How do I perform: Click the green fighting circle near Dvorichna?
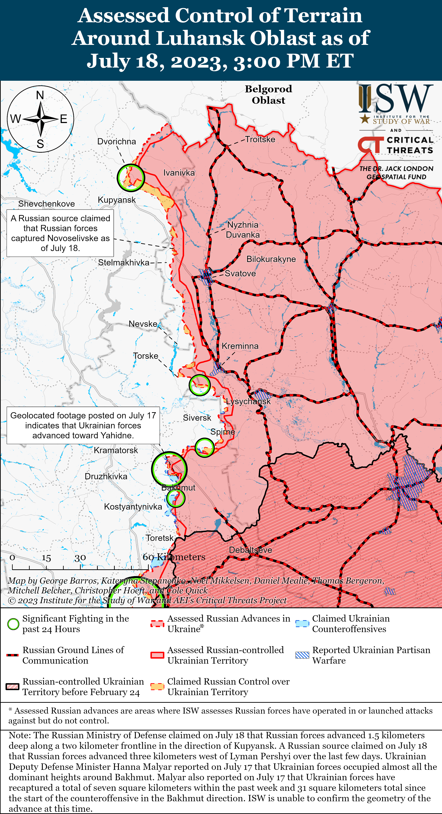pyautogui.click(x=131, y=178)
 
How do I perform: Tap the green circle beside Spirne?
pyautogui.click(x=204, y=447)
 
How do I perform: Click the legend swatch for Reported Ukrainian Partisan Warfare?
pyautogui.click(x=302, y=655)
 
